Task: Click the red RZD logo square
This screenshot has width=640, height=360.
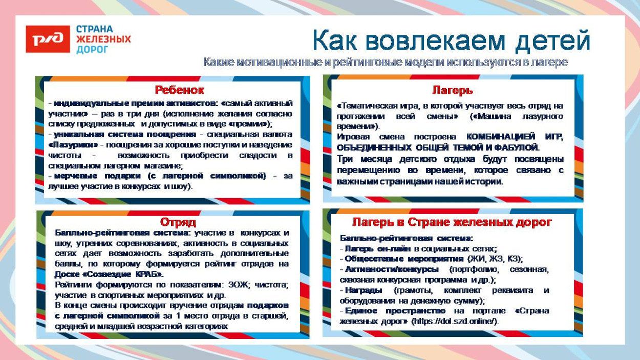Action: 48,39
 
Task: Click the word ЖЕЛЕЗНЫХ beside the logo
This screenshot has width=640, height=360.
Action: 103,39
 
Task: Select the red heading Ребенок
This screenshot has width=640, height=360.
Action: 179,90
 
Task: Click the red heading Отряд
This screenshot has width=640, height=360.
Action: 178,222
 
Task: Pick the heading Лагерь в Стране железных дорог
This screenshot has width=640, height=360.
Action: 452,222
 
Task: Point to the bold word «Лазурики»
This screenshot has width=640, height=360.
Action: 73,144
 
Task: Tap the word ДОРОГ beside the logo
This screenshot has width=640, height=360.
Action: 92,50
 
